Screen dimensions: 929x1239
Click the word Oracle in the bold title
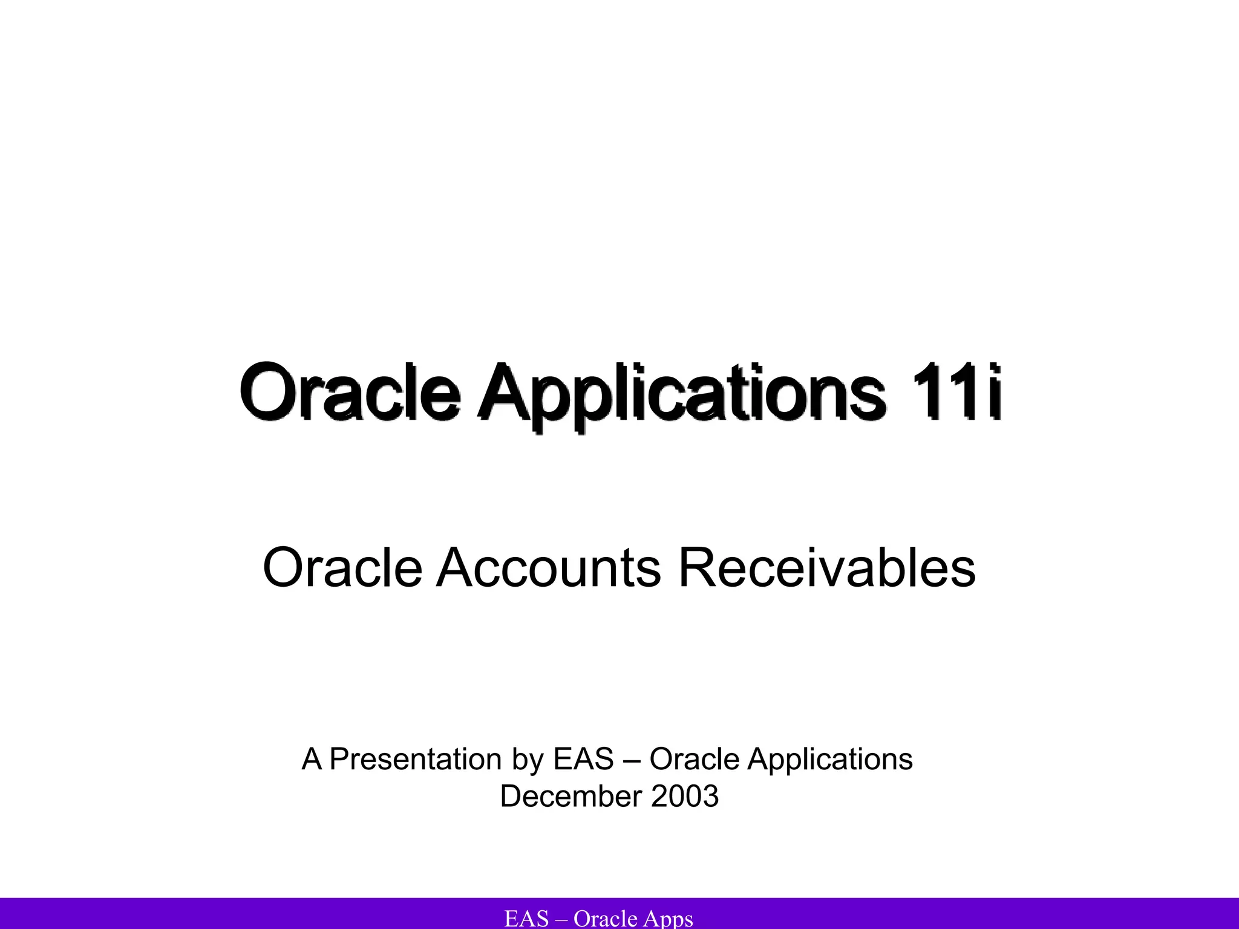(x=350, y=392)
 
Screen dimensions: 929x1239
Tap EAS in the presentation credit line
(x=583, y=759)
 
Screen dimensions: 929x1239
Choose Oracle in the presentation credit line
(x=695, y=759)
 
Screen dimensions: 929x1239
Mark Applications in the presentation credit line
(x=830, y=760)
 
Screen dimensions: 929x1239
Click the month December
(x=570, y=796)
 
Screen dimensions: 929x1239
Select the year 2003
(x=685, y=796)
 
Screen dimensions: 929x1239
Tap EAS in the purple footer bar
(x=526, y=919)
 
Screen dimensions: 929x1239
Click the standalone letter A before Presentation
(x=311, y=759)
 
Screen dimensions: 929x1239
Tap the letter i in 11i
(x=993, y=392)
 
